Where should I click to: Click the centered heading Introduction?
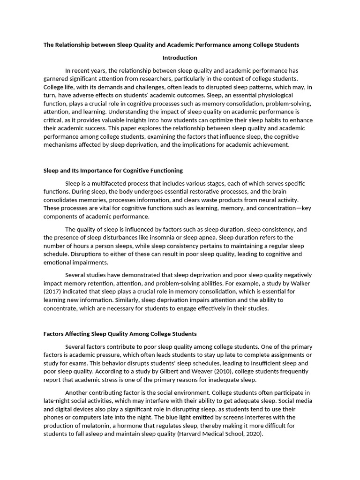pyautogui.click(x=180, y=58)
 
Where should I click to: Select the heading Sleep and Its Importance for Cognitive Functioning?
pyautogui.click(x=113, y=170)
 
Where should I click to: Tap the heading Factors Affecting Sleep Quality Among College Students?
pyautogui.click(x=120, y=334)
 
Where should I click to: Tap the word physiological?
pyautogui.click(x=289, y=95)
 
